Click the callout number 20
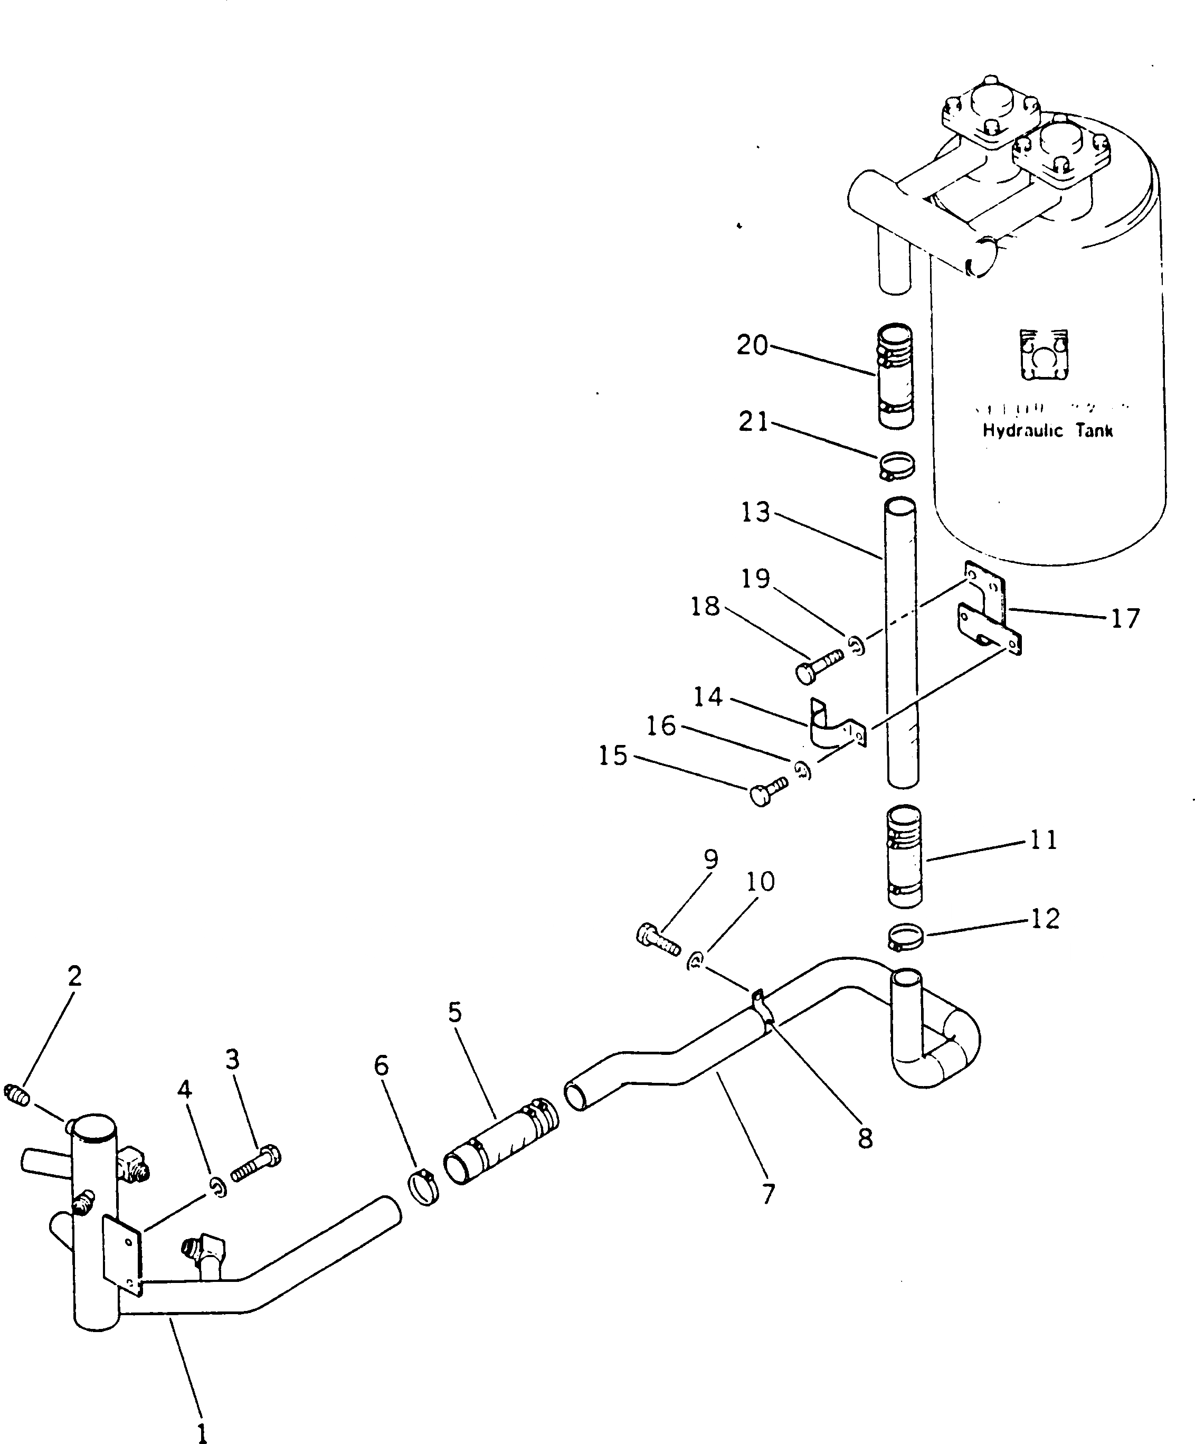(752, 345)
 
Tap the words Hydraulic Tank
(1047, 431)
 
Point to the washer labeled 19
(857, 645)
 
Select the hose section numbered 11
(904, 857)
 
